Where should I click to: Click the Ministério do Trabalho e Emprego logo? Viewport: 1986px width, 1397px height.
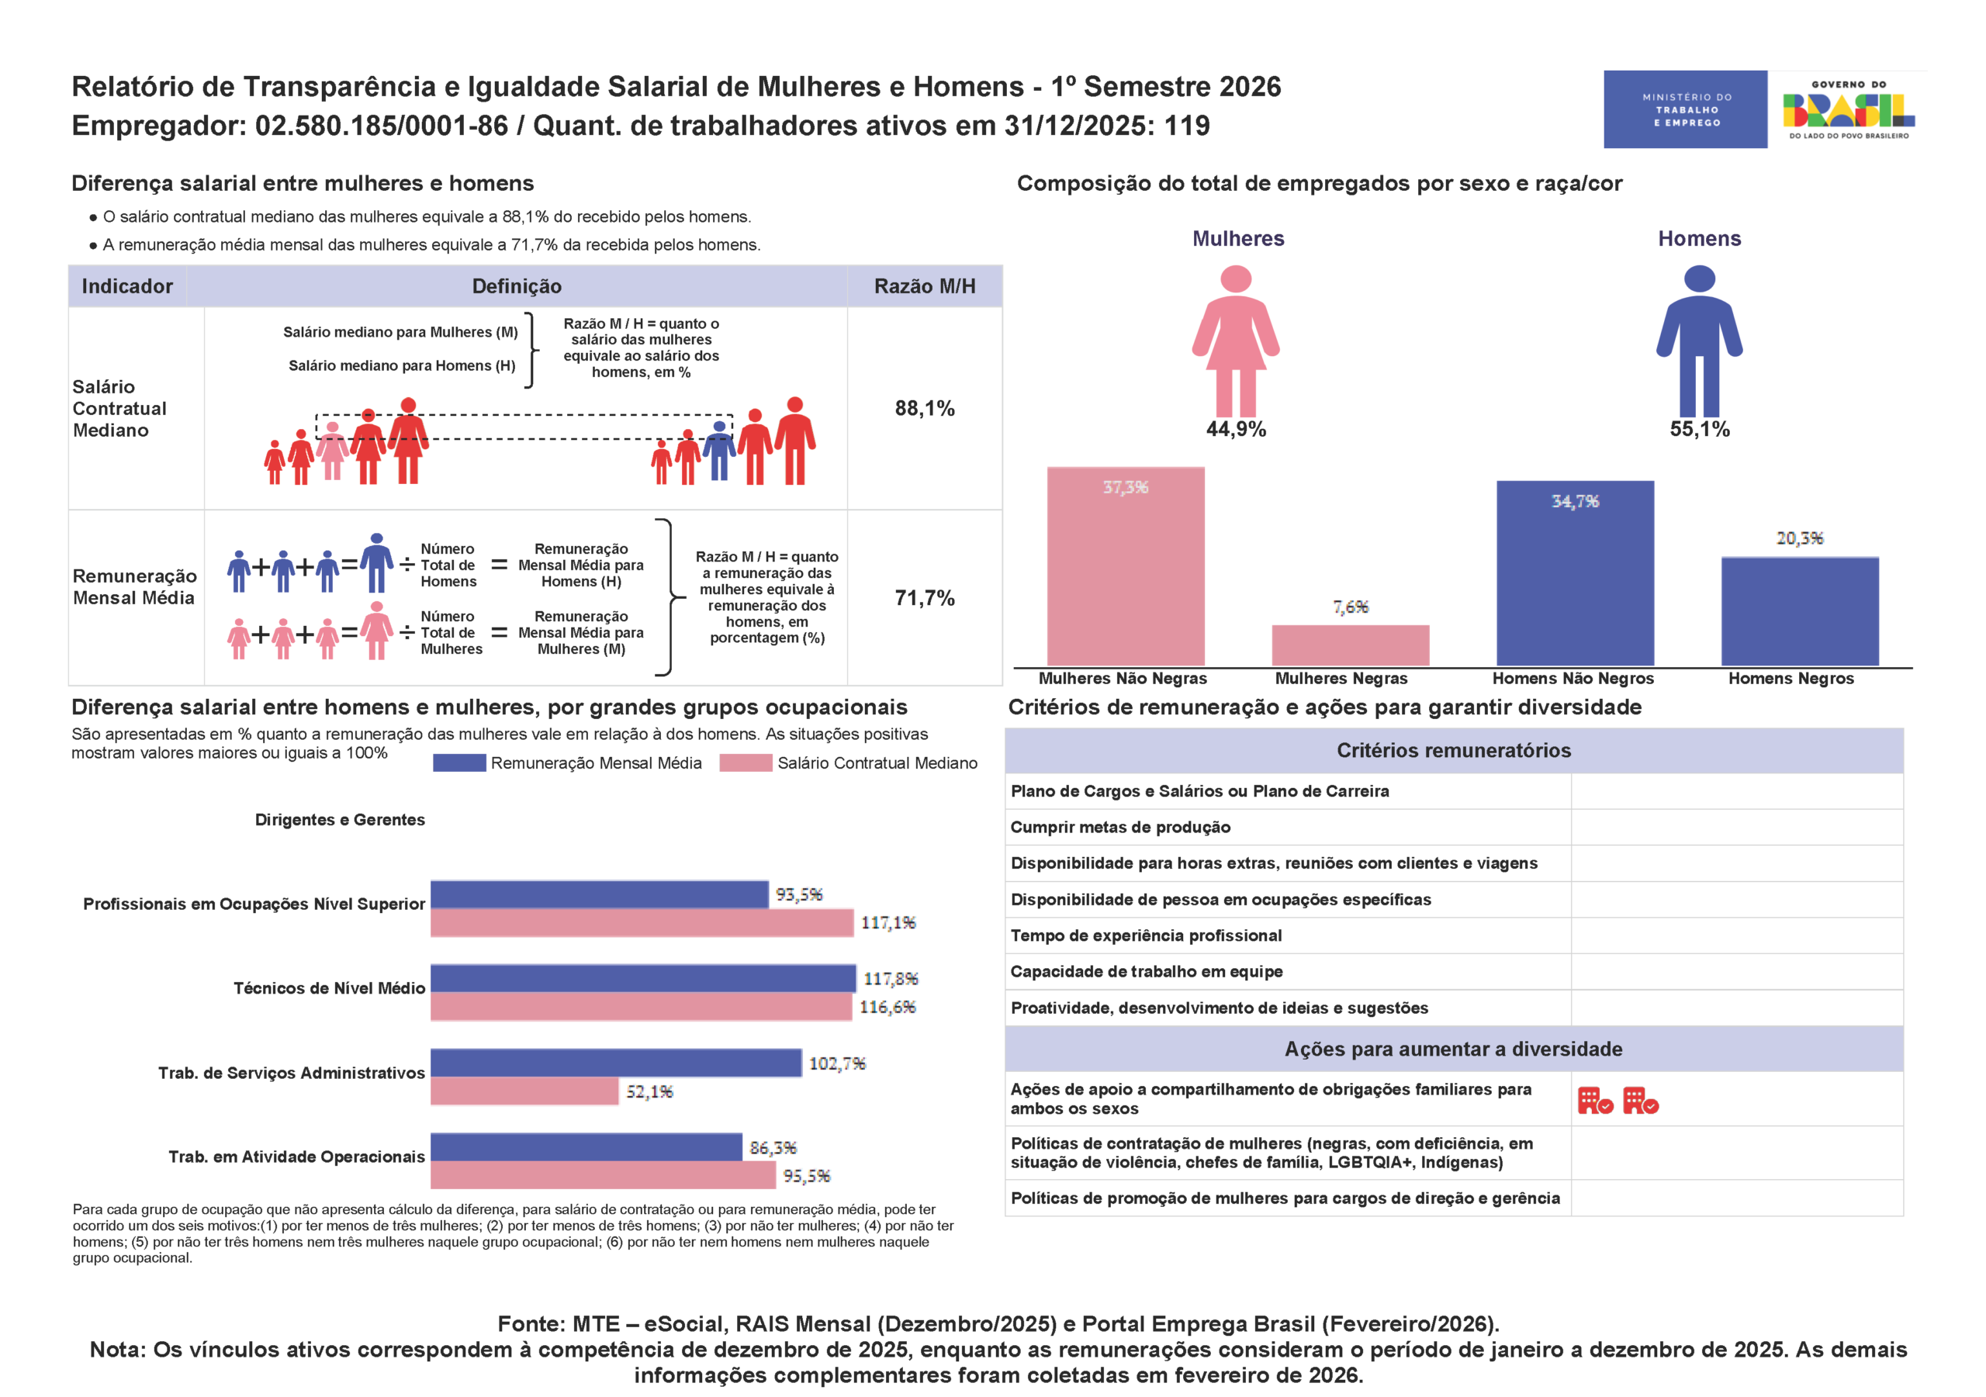[1685, 109]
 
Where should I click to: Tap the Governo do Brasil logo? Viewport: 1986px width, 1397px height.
[1849, 109]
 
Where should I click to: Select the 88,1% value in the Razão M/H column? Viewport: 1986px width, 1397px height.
[925, 408]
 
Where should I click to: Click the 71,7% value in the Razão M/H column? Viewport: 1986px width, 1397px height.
[925, 598]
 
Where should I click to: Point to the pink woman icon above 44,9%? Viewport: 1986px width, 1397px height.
[1236, 341]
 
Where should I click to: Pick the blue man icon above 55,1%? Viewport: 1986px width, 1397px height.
[1700, 341]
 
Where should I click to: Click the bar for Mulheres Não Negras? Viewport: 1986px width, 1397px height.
[1126, 566]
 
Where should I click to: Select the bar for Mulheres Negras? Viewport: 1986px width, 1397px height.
[1350, 645]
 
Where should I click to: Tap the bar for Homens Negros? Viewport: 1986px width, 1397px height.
[1800, 611]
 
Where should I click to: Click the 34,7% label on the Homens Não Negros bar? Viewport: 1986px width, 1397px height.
[1575, 502]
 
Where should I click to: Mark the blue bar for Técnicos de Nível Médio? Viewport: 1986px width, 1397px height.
[644, 978]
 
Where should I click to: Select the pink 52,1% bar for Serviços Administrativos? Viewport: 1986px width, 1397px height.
[525, 1091]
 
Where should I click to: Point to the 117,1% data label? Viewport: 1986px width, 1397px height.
[888, 923]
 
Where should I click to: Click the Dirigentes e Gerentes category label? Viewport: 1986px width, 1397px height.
[340, 820]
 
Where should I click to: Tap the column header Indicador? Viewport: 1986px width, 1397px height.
[127, 286]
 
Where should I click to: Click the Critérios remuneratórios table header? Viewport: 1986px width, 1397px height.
[1454, 751]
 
